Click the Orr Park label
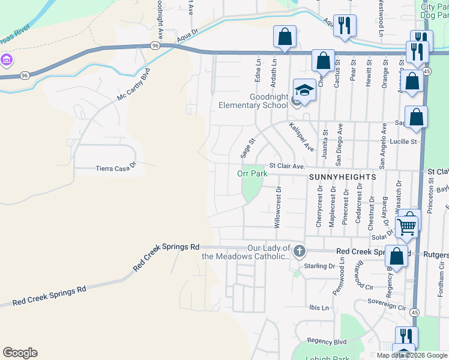[x=252, y=173]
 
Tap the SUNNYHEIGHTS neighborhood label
[x=342, y=178]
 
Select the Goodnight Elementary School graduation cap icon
[x=304, y=91]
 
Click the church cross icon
[x=300, y=251]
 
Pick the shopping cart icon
[x=407, y=226]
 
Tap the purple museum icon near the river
[x=7, y=59]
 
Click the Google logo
[x=20, y=353]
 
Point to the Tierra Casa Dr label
[x=116, y=169]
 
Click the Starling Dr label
[x=319, y=265]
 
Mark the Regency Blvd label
[x=327, y=341]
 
